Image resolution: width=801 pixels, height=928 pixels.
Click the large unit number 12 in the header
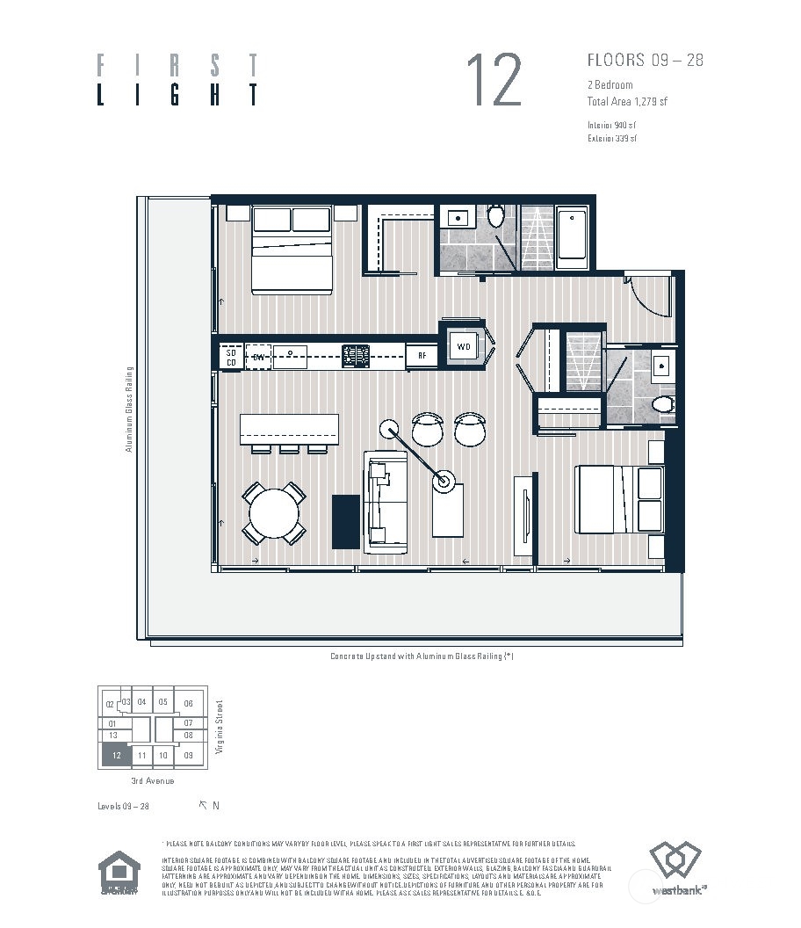494,80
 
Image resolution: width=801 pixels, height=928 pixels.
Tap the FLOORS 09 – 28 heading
645,61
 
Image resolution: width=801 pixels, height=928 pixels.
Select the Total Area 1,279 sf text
627,102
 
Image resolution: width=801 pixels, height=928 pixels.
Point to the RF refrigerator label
422,356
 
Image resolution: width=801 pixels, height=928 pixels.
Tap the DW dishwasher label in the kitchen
258,357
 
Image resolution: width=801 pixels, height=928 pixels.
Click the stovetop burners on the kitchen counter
356,356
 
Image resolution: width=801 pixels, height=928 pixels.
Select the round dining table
273,513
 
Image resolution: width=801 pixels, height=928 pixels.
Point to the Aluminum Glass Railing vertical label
128,409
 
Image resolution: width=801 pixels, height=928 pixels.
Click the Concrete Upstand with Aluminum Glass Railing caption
421,656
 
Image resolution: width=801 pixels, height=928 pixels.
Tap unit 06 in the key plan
188,703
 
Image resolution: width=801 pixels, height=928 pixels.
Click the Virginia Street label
220,728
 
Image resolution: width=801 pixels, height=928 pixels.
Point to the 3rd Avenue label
152,781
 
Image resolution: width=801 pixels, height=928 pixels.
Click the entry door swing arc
650,299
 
